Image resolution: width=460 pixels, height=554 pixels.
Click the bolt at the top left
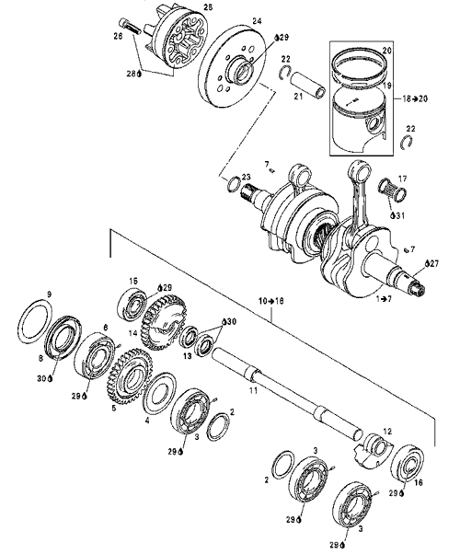130,26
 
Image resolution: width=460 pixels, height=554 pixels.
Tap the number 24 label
257,21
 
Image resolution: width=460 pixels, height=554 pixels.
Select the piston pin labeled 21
307,84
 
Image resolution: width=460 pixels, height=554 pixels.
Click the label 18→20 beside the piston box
415,98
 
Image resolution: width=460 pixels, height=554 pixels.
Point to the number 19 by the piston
387,86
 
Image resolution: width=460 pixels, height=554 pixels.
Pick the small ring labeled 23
234,183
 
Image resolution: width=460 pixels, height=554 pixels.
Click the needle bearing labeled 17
393,191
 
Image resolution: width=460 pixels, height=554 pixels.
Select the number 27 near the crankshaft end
434,263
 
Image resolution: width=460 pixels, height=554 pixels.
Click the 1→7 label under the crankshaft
384,299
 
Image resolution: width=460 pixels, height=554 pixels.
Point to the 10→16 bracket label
271,301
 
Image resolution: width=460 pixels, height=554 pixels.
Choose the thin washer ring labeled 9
35,321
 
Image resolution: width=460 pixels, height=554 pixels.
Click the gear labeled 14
163,322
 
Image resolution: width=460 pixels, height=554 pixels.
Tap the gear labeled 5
130,375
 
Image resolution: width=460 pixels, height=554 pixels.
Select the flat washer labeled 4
159,394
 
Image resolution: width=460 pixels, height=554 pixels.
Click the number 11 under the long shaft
253,391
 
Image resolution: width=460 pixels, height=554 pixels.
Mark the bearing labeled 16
408,463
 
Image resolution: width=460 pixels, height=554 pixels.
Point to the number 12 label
387,432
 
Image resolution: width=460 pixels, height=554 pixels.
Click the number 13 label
188,356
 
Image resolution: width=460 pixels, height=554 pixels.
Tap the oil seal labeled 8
63,337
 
